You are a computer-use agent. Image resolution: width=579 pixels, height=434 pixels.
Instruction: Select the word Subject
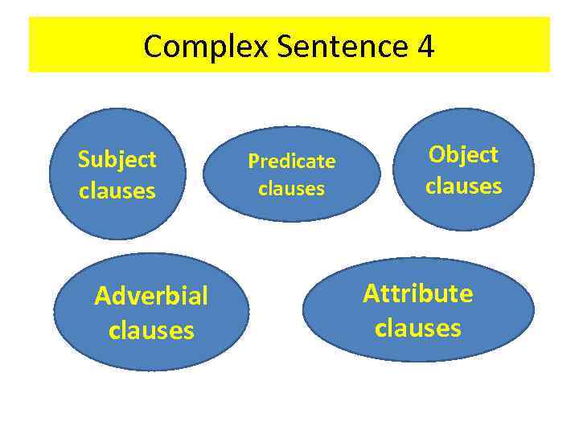pyautogui.click(x=117, y=159)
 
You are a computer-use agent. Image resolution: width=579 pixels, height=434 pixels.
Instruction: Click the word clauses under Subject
pyautogui.click(x=117, y=191)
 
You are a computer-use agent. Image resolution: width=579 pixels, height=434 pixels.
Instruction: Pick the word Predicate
pyautogui.click(x=292, y=162)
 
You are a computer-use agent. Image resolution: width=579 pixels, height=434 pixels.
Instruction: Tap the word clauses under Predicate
pyautogui.click(x=292, y=189)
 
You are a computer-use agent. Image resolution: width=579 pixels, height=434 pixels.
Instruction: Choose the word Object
pyautogui.click(x=463, y=154)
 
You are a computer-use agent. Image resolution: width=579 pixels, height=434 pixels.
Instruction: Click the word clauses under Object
pyautogui.click(x=463, y=186)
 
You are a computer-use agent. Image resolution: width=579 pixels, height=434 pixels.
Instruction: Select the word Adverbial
pyautogui.click(x=151, y=297)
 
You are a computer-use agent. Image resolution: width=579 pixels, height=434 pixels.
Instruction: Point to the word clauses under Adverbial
pyautogui.click(x=151, y=330)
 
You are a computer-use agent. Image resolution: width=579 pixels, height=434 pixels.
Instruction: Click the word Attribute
pyautogui.click(x=418, y=293)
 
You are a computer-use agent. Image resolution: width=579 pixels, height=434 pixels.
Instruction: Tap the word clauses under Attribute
pyautogui.click(x=418, y=328)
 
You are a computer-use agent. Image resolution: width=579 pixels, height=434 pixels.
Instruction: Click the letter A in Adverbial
pyautogui.click(x=101, y=297)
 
